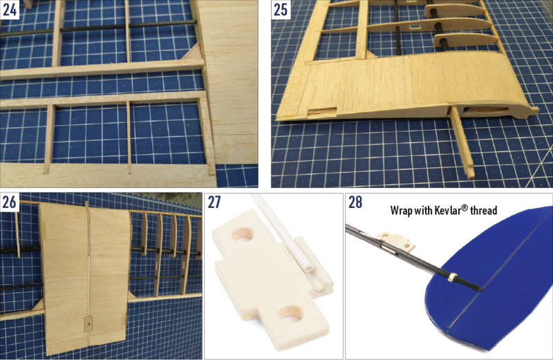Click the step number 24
pyautogui.click(x=10, y=10)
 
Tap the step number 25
pyautogui.click(x=281, y=10)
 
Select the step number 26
pyautogui.click(x=10, y=202)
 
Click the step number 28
pyautogui.click(x=356, y=203)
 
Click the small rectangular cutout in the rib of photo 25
pyautogui.click(x=413, y=28)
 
